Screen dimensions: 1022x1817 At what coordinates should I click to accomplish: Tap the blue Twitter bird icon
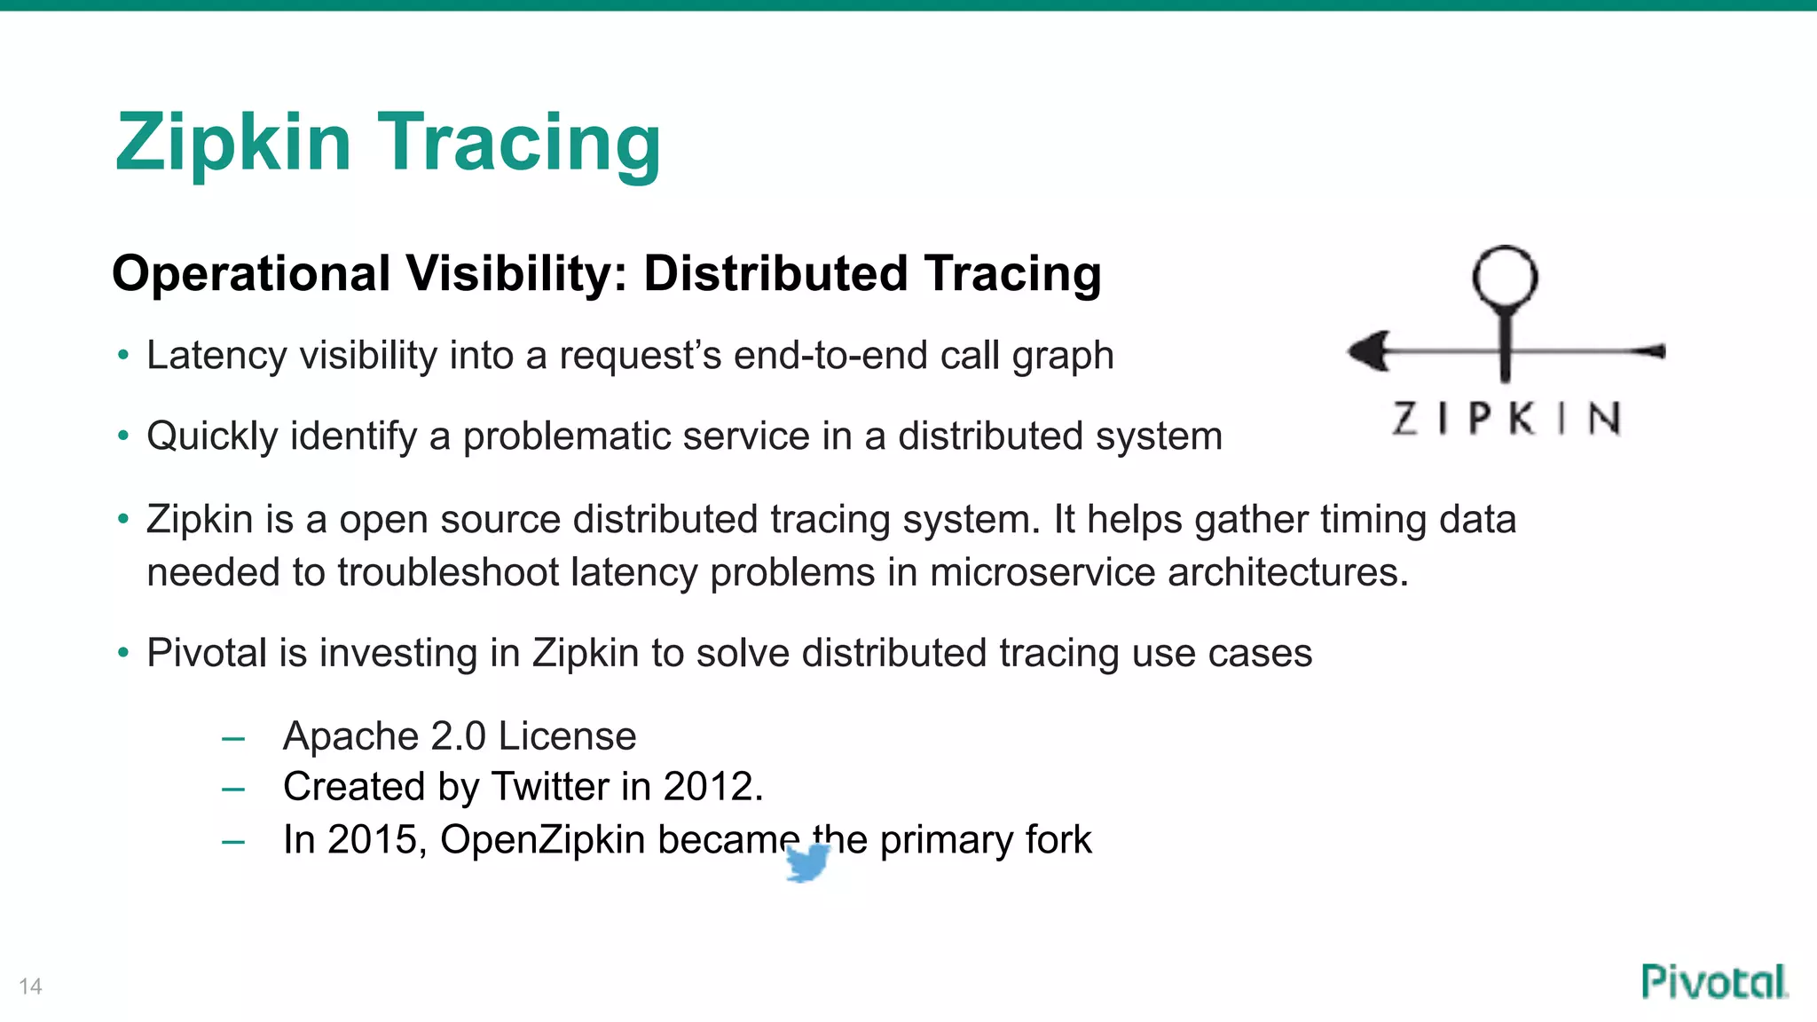[x=807, y=862]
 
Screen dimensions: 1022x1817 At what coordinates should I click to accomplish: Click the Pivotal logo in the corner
[x=1713, y=982]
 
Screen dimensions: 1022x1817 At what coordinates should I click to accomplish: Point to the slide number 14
[x=30, y=987]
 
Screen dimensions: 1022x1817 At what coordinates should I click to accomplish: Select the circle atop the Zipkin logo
[x=1505, y=277]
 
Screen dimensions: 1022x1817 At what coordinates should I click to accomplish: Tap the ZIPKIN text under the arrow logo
[x=1506, y=418]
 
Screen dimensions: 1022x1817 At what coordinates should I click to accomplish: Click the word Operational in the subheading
[x=251, y=273]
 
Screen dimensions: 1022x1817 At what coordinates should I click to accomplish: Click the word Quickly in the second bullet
[x=212, y=436]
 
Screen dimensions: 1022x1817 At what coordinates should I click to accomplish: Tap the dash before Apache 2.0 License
[x=233, y=738]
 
